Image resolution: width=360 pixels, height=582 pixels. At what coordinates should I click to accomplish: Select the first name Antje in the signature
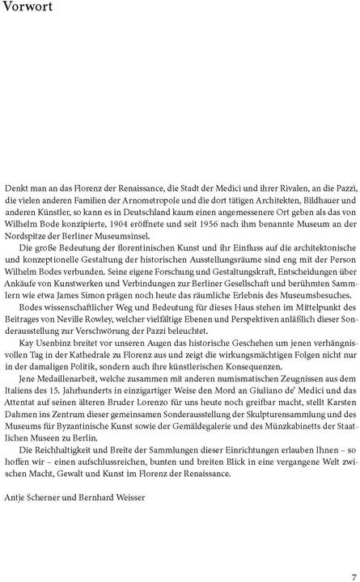click(x=15, y=521)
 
